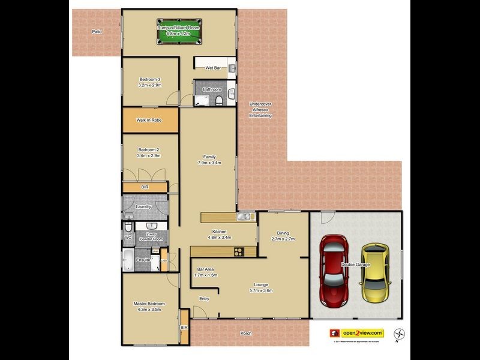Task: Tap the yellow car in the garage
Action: point(375,272)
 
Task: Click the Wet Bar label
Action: point(214,68)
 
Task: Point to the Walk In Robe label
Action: point(149,120)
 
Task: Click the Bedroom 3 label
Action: point(150,80)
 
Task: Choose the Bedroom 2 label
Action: point(149,149)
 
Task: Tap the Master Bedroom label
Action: point(149,304)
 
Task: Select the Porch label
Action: point(245,334)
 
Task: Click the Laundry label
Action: point(143,207)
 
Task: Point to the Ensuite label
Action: point(143,260)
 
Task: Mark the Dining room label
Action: point(283,233)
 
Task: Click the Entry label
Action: point(204,299)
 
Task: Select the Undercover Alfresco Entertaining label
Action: point(260,110)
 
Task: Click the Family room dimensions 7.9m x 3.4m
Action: point(209,163)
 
